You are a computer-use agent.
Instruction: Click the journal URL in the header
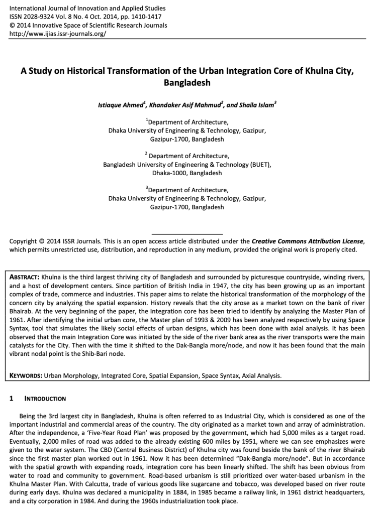pyautogui.click(x=58, y=34)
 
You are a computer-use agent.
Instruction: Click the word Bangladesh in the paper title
pyautogui.click(x=187, y=82)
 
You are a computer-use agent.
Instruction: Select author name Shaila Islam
pyautogui.click(x=257, y=106)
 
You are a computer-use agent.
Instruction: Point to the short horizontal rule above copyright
pyautogui.click(x=187, y=234)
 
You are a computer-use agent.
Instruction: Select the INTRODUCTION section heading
pyautogui.click(x=45, y=399)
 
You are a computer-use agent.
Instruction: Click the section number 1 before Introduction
pyautogui.click(x=12, y=399)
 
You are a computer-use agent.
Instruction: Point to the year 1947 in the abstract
pyautogui.click(x=154, y=286)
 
